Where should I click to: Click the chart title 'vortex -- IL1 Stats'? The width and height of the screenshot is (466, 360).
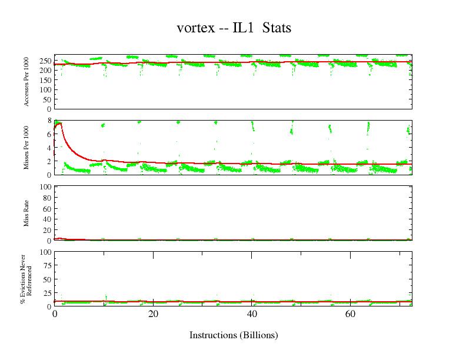click(234, 28)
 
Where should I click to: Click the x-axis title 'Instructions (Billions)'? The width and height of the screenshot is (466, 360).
click(234, 335)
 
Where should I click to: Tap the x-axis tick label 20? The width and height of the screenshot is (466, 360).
click(153, 314)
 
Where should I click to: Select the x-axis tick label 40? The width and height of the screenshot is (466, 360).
click(252, 314)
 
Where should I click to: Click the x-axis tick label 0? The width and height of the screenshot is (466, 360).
click(55, 314)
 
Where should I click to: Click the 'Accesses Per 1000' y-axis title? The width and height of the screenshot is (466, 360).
click(27, 82)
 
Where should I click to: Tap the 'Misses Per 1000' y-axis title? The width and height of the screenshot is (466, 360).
click(27, 148)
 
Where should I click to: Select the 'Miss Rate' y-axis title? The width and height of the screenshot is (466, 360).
click(27, 214)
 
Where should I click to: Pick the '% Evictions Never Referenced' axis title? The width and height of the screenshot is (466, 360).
click(24, 279)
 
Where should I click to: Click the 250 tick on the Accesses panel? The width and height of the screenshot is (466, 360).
click(45, 61)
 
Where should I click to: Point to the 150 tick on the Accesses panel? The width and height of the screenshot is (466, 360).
click(45, 80)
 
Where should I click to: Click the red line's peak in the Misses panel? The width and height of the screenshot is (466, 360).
click(59, 123)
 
